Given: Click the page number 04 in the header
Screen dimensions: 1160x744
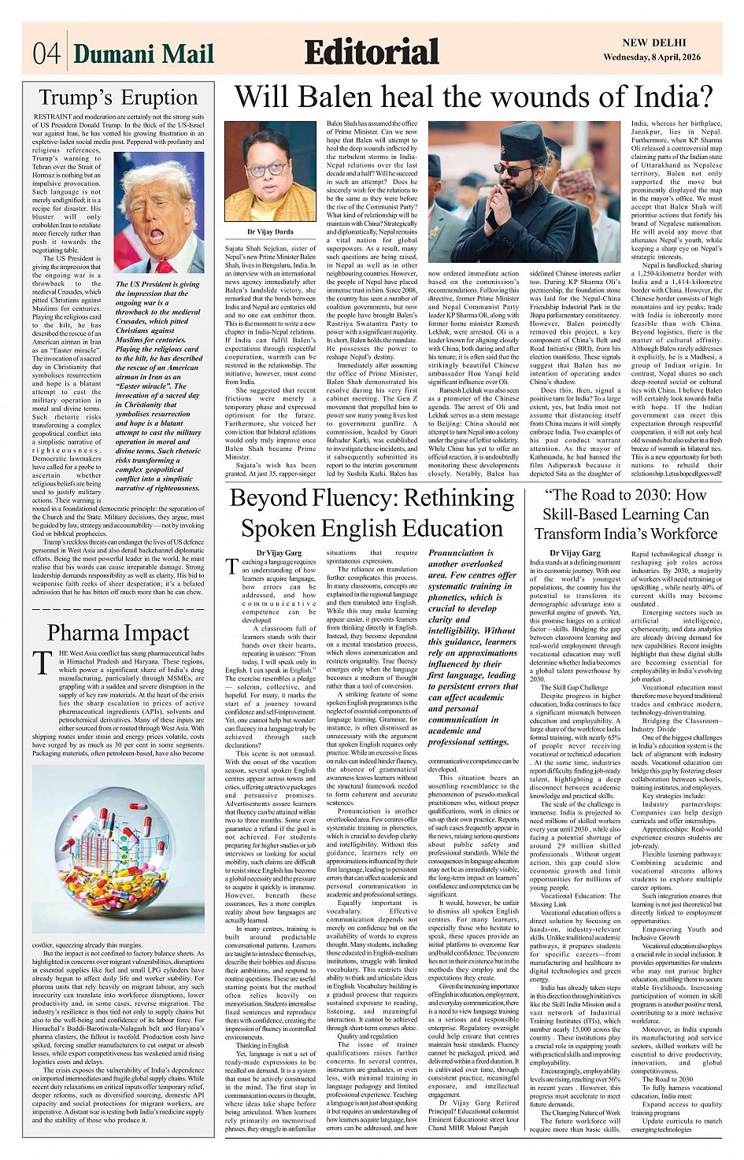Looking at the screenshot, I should pos(46,54).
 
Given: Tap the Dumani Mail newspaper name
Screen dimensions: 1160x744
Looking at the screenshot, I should pos(143,54).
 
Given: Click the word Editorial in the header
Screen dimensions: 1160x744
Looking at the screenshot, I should pos(372,52).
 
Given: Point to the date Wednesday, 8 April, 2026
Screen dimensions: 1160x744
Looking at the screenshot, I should pos(651,57).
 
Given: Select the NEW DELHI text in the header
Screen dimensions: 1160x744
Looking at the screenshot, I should pos(653,43).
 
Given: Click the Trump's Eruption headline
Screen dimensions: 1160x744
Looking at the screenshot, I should pos(118,98).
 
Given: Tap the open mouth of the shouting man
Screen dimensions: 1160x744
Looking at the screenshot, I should pos(156,234).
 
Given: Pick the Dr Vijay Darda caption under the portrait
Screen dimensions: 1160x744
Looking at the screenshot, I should pos(269,232).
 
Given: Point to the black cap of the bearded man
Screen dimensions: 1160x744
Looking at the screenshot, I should pos(522,139).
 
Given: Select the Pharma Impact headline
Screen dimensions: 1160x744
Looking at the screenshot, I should pos(118,633).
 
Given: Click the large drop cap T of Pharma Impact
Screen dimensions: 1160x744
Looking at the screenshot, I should pos(42,663).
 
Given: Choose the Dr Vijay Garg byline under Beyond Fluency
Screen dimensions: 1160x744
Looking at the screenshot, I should pos(279,553).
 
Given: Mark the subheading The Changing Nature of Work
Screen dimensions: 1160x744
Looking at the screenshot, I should pos(580,1113).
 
